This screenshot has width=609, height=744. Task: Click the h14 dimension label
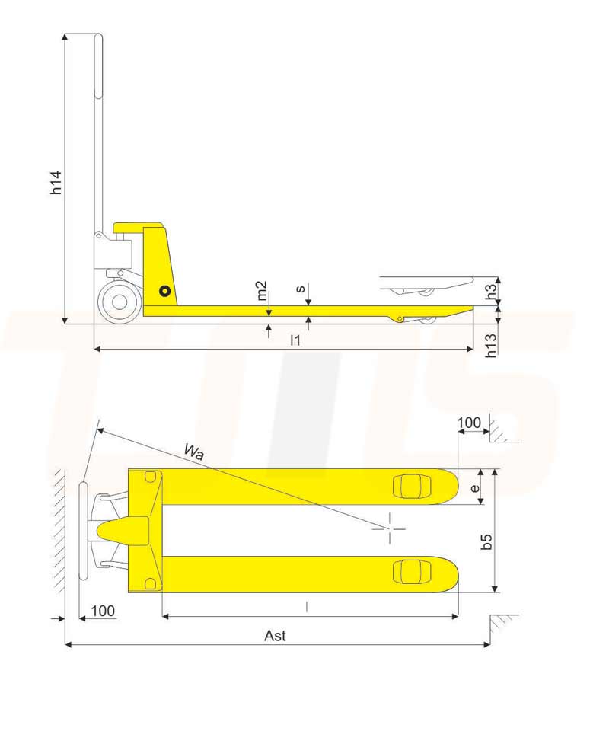(56, 182)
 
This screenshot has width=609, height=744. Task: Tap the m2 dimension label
(261, 291)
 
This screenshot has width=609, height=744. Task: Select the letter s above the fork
(300, 289)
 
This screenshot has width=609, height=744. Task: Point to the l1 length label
(295, 340)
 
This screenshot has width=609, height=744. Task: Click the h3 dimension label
(492, 290)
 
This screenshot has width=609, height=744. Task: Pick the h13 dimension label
(491, 345)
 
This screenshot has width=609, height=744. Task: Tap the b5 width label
(486, 541)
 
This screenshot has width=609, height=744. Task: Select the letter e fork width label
(475, 487)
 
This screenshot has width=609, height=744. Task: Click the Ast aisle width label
(275, 636)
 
